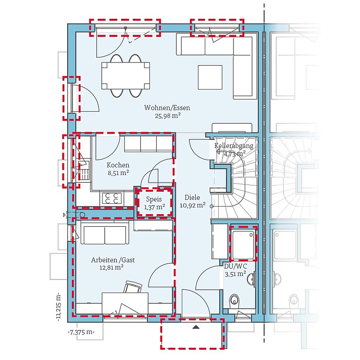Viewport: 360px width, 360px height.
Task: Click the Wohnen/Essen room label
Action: tap(167, 108)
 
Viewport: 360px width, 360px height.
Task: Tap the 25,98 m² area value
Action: tap(167, 116)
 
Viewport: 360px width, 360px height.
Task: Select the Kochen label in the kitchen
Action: tap(118, 165)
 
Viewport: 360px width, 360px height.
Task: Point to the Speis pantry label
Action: tap(154, 199)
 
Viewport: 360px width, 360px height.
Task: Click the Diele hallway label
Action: tap(192, 197)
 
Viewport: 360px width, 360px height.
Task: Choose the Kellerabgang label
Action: tap(234, 146)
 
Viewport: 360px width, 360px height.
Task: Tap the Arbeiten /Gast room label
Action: tap(113, 260)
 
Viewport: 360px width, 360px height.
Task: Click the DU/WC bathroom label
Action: tap(235, 266)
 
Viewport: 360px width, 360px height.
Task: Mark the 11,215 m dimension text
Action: tap(58, 306)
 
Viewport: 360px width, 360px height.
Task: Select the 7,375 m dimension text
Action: tap(81, 332)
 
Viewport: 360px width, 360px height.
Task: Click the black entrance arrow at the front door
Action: tap(196, 327)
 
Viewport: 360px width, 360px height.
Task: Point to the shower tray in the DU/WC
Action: tap(243, 244)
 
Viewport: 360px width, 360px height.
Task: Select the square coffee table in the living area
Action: tap(210, 77)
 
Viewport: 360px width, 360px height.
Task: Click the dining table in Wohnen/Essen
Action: tap(126, 76)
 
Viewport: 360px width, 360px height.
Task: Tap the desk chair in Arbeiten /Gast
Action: tap(132, 287)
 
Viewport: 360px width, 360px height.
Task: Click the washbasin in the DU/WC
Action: tap(251, 279)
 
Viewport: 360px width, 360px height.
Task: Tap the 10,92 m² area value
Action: tap(193, 205)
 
